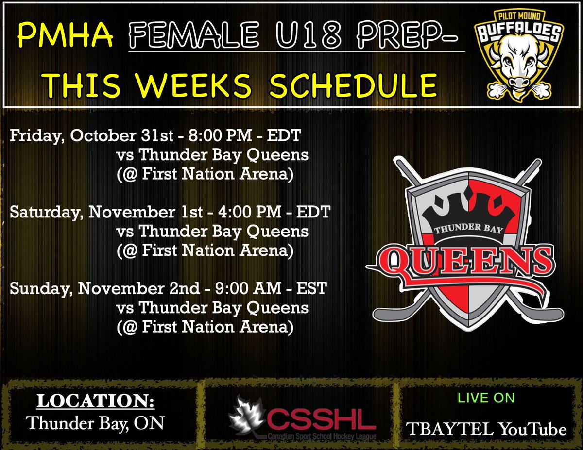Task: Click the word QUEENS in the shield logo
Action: click(466, 262)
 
